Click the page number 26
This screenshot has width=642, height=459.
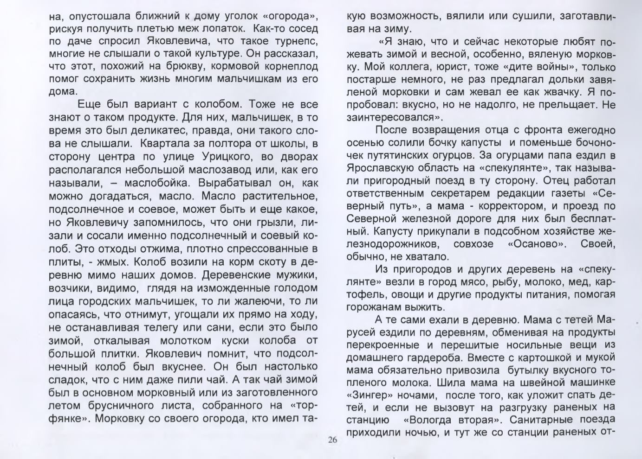pyautogui.click(x=332, y=440)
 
